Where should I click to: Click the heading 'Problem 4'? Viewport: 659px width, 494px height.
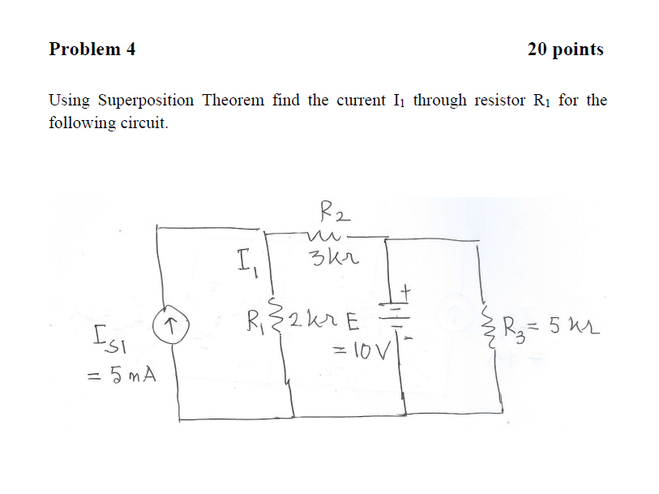point(92,49)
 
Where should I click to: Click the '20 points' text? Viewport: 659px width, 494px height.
point(565,49)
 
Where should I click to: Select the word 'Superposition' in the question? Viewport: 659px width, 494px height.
point(146,101)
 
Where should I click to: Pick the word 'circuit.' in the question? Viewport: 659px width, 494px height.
point(145,125)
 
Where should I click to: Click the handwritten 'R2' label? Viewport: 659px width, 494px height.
point(333,215)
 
